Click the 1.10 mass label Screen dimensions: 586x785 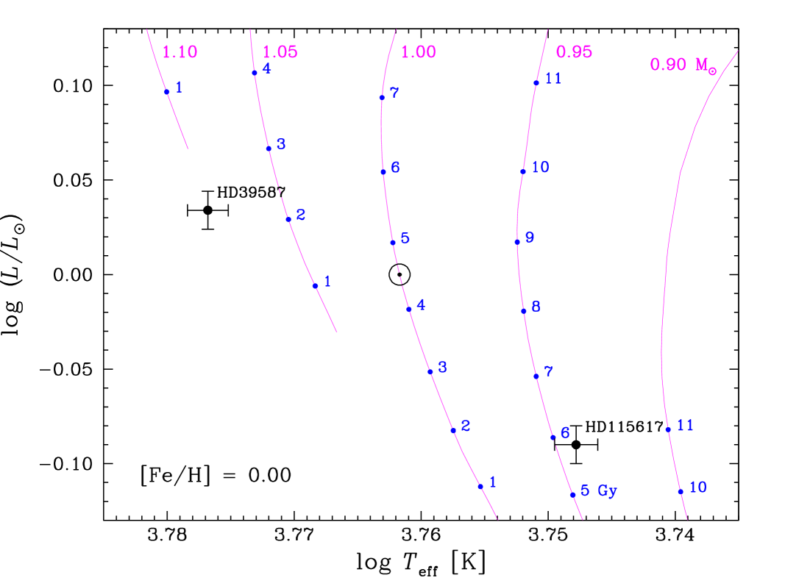coord(180,52)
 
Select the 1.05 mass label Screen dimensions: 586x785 coord(280,52)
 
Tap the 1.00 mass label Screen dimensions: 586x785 coord(418,52)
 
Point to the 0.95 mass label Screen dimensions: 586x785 coord(574,52)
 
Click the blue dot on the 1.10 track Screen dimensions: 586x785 coord(167,92)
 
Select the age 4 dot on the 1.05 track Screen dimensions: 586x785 coord(255,73)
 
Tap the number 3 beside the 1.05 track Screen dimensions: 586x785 coord(281,145)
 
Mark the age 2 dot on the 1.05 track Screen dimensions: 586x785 coord(288,219)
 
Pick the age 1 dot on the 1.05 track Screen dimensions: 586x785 coord(315,286)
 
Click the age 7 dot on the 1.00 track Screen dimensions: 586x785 coord(382,97)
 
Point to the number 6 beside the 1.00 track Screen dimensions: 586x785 coord(395,168)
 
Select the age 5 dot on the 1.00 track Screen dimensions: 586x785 coord(392,242)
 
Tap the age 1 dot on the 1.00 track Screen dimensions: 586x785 coord(480,486)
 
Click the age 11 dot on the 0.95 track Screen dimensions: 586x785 coord(536,82)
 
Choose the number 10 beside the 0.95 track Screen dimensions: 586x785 coord(540,168)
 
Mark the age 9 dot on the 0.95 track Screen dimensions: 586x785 coord(517,242)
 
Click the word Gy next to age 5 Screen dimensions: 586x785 coord(607,491)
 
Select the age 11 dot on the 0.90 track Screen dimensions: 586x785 coord(667,429)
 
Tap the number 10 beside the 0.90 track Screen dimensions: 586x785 coord(697,487)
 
